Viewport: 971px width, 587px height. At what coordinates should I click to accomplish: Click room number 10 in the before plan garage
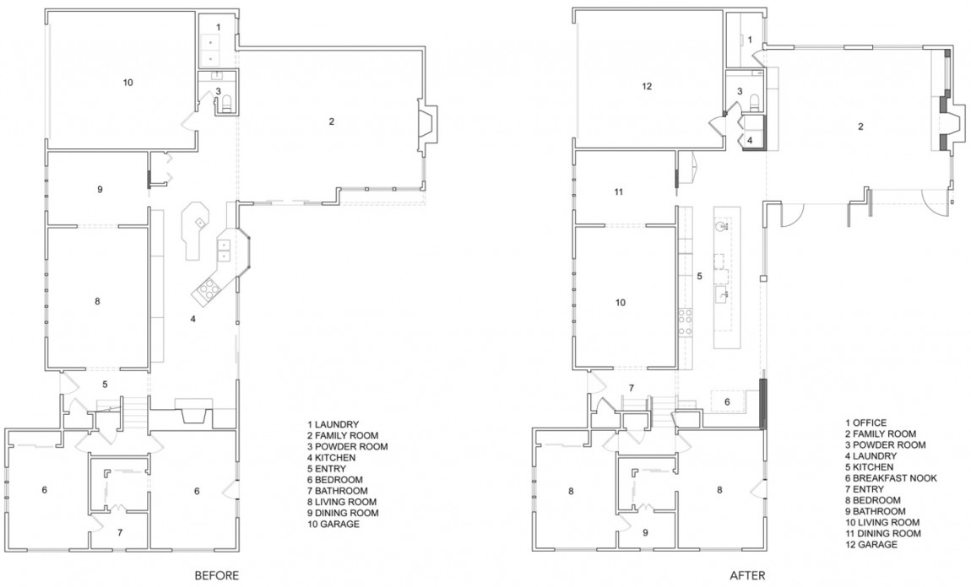pos(127,83)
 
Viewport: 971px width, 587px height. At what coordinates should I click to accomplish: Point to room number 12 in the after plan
pos(648,86)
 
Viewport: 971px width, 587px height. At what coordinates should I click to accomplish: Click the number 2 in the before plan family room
pos(332,121)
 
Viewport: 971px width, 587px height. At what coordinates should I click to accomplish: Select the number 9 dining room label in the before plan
pos(100,190)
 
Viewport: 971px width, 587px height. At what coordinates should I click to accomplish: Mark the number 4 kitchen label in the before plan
pos(193,319)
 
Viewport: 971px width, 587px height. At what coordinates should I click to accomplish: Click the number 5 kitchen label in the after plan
pos(699,276)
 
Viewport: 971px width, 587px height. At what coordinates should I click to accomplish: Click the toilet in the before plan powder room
pos(226,105)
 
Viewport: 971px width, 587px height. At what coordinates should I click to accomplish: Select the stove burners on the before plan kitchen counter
pos(206,292)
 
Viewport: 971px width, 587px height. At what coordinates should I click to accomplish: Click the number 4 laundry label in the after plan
pos(749,139)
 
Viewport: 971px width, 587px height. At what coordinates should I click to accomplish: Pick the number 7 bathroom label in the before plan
pos(119,532)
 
